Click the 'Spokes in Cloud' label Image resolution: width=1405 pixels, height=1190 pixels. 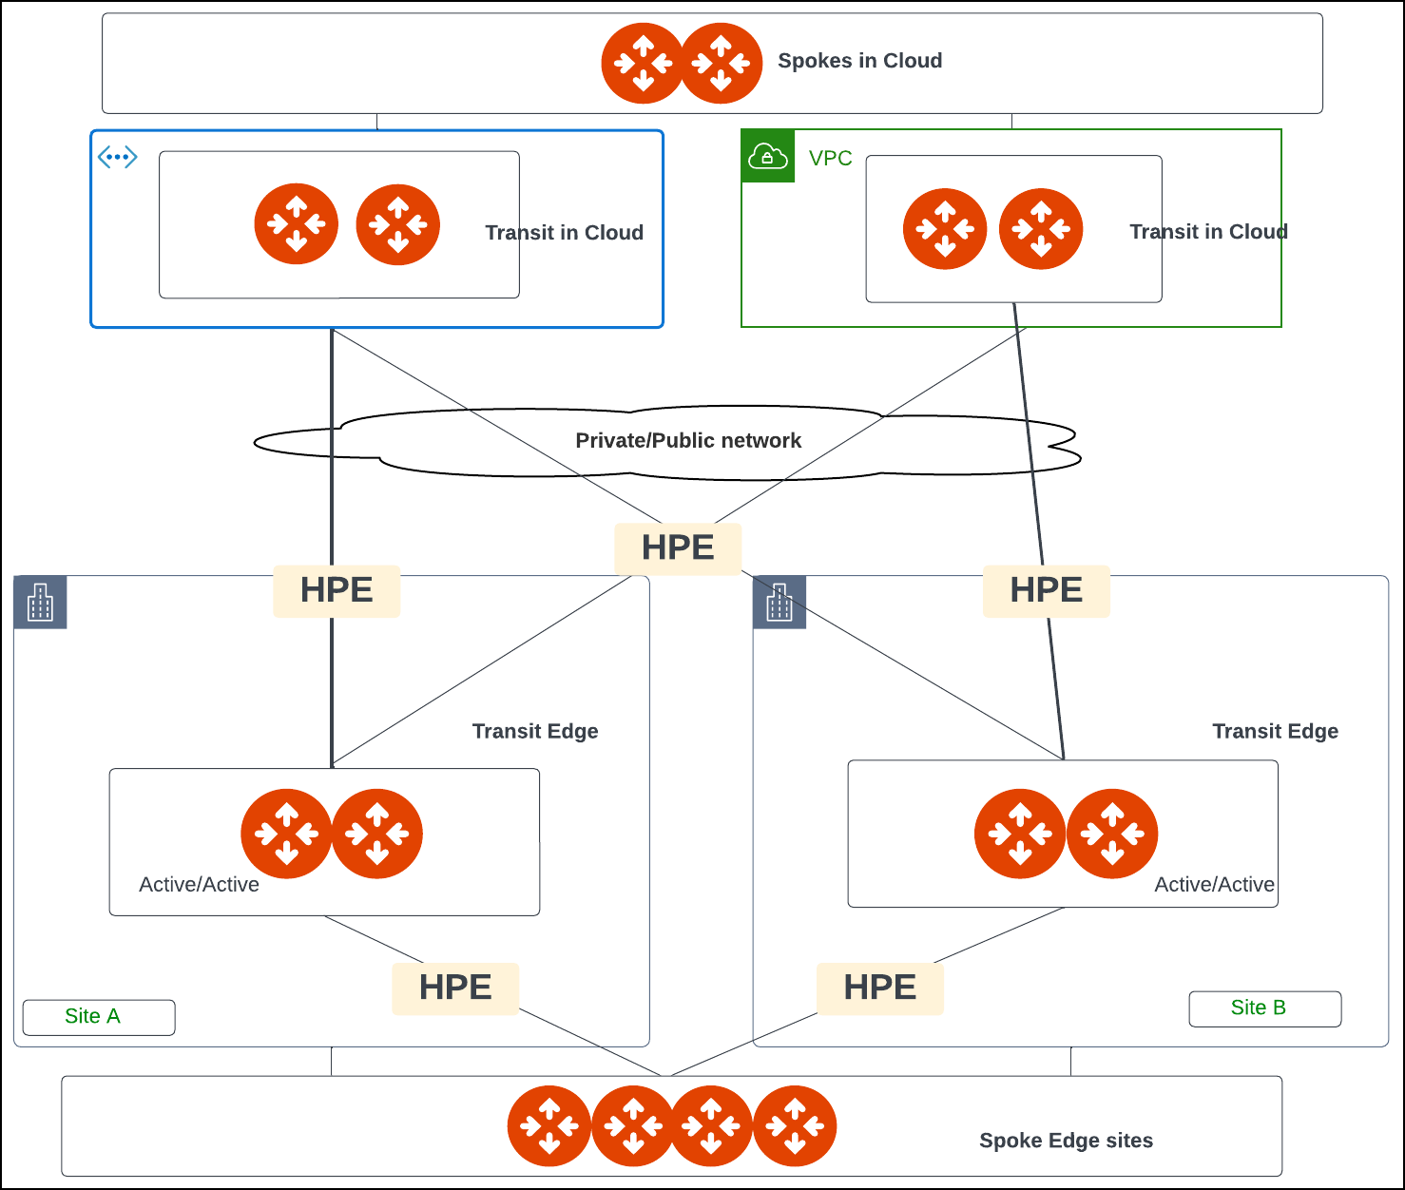coord(859,61)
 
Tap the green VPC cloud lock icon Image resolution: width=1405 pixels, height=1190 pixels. coord(767,156)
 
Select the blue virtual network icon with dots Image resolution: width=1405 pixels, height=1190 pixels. coord(118,157)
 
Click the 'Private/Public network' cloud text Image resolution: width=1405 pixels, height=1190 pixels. coord(688,441)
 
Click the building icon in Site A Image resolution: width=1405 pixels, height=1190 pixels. coord(41,603)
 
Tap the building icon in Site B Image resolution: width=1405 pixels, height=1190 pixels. coord(779,603)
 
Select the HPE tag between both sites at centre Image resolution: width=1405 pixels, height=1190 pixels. coord(678,548)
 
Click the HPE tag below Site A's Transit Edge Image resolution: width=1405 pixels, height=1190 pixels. coord(455,988)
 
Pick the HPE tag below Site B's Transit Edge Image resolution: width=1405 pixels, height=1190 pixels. coord(880,988)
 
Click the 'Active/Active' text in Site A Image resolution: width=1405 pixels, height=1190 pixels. coord(199,885)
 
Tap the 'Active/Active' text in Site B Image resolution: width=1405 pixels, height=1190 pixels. coord(1214,885)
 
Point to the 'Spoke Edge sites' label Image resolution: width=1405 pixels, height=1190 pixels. coord(1066,1141)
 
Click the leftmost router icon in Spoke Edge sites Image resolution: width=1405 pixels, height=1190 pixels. coord(549,1126)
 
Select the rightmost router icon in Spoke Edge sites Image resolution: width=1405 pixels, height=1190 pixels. coord(795,1126)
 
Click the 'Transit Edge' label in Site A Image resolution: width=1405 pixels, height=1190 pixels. coord(535,731)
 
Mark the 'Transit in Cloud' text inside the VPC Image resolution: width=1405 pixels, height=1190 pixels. coord(1208,232)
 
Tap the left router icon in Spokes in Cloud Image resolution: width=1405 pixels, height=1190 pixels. coord(643,64)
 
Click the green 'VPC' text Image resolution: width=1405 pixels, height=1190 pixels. coord(830,159)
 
